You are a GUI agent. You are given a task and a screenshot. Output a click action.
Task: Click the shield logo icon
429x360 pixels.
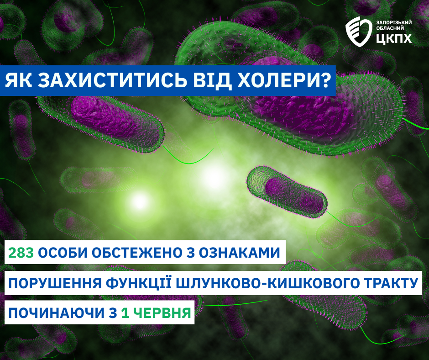click(x=359, y=31)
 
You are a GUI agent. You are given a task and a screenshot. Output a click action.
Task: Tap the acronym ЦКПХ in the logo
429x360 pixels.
click(x=394, y=39)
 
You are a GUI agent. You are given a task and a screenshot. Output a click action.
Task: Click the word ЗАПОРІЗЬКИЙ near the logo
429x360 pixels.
click(x=394, y=22)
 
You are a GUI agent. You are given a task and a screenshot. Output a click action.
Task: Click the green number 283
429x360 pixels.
click(x=21, y=252)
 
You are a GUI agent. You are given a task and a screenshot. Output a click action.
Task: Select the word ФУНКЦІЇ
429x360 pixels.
click(x=138, y=283)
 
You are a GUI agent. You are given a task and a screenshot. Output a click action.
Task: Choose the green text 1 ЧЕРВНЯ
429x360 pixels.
click(x=156, y=313)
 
